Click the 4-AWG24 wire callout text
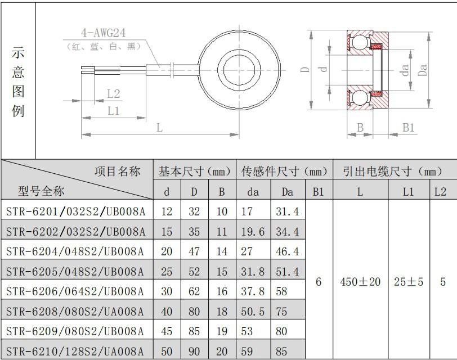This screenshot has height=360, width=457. point(103,33)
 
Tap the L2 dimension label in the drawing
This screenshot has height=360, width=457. point(113,94)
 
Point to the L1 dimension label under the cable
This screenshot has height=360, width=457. point(113,111)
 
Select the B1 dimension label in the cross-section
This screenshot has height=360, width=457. point(409,128)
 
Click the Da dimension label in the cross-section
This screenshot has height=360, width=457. point(422,70)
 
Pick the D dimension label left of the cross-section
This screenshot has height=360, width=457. point(305,70)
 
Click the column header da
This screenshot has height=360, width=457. point(253,192)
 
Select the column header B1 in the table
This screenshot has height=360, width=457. point(318,192)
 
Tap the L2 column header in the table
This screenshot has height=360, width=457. point(440,192)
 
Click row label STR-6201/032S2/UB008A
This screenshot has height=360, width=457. point(75,211)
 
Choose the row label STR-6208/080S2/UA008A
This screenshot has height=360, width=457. point(75,312)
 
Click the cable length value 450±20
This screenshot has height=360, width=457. point(360,282)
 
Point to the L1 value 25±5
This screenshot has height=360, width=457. point(409,282)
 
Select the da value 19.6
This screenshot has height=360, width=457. point(253,232)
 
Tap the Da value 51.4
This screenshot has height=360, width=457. point(288,272)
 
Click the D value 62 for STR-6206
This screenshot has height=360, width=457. point(194,291)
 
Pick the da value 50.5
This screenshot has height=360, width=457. point(253,312)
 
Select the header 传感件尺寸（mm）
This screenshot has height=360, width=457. point(284,171)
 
